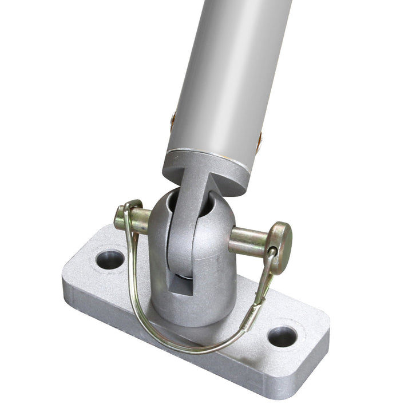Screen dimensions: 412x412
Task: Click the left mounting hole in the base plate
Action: click(110, 259)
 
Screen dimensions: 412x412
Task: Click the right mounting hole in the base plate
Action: click(282, 336)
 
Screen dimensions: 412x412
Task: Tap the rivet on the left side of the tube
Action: click(173, 121)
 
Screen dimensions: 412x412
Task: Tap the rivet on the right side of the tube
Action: click(259, 141)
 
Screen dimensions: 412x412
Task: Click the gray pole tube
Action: click(229, 69)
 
